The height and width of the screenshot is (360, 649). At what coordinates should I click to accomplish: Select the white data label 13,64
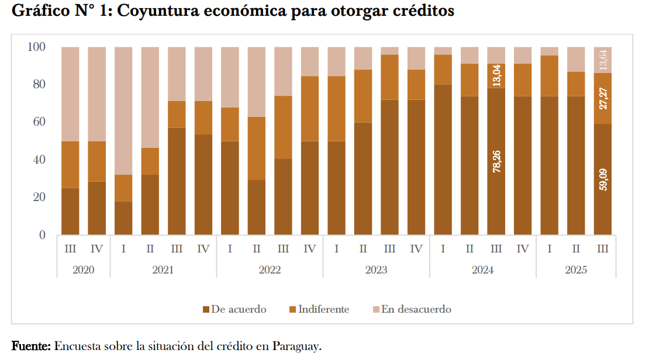point(603,60)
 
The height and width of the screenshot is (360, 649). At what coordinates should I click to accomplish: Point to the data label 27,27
point(603,98)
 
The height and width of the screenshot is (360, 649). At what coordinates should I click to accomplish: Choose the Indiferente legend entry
point(323,310)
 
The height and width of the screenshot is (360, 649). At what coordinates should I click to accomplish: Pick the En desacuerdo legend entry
point(416,310)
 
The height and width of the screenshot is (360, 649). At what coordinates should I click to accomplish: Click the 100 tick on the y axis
point(36,47)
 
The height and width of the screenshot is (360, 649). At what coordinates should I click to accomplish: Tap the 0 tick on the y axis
point(42,235)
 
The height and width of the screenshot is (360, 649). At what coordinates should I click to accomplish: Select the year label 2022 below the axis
point(270,271)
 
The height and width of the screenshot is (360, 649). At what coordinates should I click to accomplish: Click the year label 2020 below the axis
point(83,271)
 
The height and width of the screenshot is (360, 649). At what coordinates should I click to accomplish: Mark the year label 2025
point(576,271)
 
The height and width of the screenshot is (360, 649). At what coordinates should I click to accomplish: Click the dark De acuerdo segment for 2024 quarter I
point(443,160)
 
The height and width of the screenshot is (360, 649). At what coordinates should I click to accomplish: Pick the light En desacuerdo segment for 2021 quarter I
point(123,111)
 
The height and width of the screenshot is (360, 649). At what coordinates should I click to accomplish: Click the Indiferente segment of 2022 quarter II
point(257,148)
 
